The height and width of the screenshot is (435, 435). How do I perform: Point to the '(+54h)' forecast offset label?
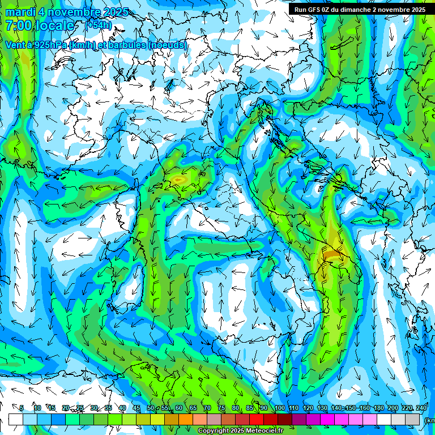pos(99,25)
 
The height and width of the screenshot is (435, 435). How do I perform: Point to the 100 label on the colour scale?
pos(280,408)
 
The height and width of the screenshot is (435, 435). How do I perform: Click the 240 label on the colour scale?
pos(421,408)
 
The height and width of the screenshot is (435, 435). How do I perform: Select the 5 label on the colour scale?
pos(22,408)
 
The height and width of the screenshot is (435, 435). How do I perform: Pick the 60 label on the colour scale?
pos(179,408)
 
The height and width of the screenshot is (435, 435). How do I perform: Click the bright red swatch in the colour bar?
pos(257,419)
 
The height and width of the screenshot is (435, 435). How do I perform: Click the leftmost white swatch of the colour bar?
pos(16,419)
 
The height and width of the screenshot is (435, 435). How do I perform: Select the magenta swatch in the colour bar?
pos(327,419)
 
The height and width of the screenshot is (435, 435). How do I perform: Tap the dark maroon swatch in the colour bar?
pos(285,419)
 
